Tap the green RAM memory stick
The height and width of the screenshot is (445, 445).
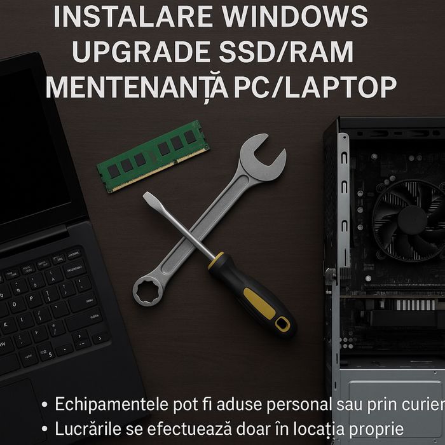153,156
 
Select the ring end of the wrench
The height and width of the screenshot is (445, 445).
148,289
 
